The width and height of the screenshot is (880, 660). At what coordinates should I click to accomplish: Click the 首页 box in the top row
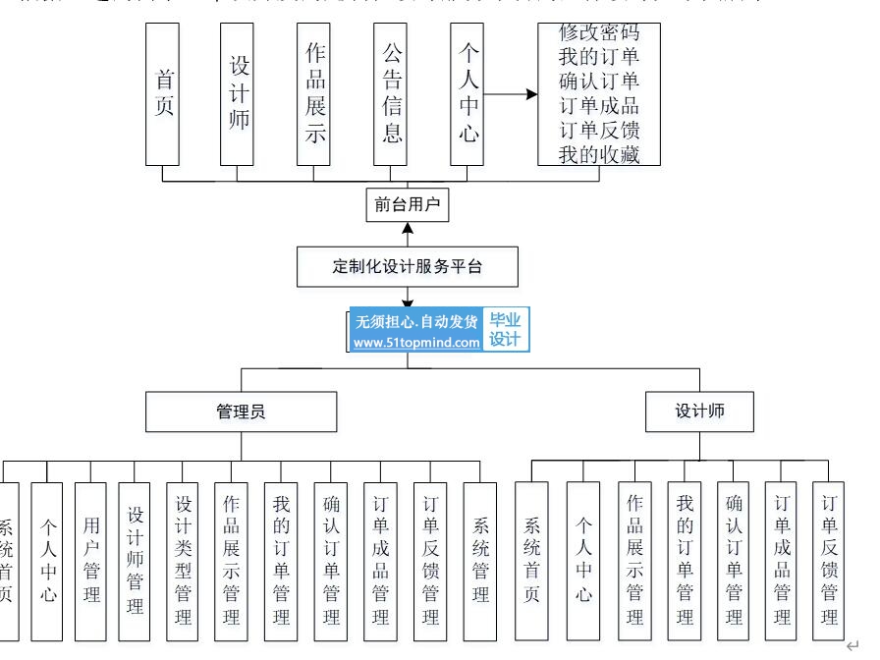(x=162, y=93)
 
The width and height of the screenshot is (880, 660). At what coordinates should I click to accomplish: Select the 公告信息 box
(x=391, y=93)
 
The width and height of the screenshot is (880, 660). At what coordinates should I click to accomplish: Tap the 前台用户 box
(x=407, y=205)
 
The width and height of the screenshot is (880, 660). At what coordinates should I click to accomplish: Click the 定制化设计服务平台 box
(x=407, y=266)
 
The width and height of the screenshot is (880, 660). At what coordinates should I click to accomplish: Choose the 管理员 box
(x=241, y=412)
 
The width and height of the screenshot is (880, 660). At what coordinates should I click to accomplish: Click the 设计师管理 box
(x=136, y=560)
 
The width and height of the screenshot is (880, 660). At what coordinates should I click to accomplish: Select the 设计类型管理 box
(x=183, y=560)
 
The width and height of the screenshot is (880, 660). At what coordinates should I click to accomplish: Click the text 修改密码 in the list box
(x=598, y=33)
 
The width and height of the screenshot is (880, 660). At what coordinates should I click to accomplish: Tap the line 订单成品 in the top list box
(x=598, y=105)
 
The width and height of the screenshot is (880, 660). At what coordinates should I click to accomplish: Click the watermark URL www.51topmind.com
(x=416, y=343)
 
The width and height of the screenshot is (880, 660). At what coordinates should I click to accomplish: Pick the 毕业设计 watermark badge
(x=506, y=329)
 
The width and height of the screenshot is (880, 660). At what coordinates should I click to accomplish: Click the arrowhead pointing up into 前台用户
(x=407, y=229)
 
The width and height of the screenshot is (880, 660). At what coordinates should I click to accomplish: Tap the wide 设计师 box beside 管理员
(x=699, y=412)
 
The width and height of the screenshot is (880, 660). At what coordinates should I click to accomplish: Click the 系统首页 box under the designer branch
(x=532, y=560)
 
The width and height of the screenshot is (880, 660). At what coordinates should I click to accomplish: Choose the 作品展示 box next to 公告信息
(x=314, y=93)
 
